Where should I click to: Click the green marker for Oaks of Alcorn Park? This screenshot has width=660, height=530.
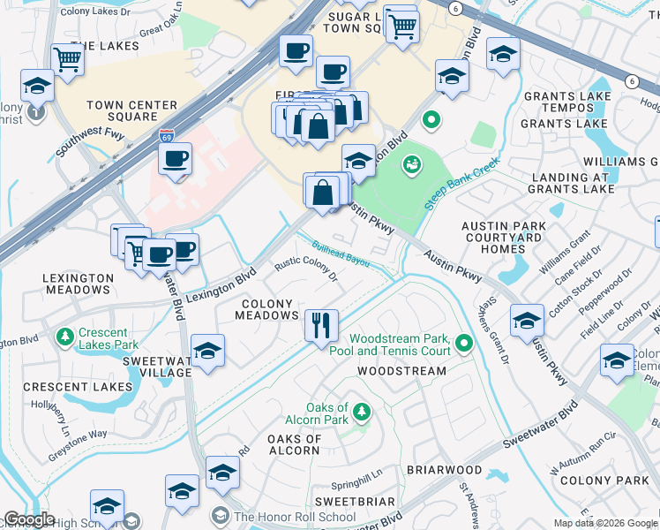362,411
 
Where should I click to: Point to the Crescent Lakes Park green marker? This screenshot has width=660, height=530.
64,337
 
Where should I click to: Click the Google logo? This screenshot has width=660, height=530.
29,519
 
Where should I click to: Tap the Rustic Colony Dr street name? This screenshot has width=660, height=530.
307,269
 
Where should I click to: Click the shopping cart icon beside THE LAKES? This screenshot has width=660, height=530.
68,60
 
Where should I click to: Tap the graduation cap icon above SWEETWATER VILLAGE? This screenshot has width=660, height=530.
207,352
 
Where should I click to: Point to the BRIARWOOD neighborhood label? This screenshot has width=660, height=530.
444,470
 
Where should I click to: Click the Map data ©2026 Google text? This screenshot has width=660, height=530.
604,523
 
